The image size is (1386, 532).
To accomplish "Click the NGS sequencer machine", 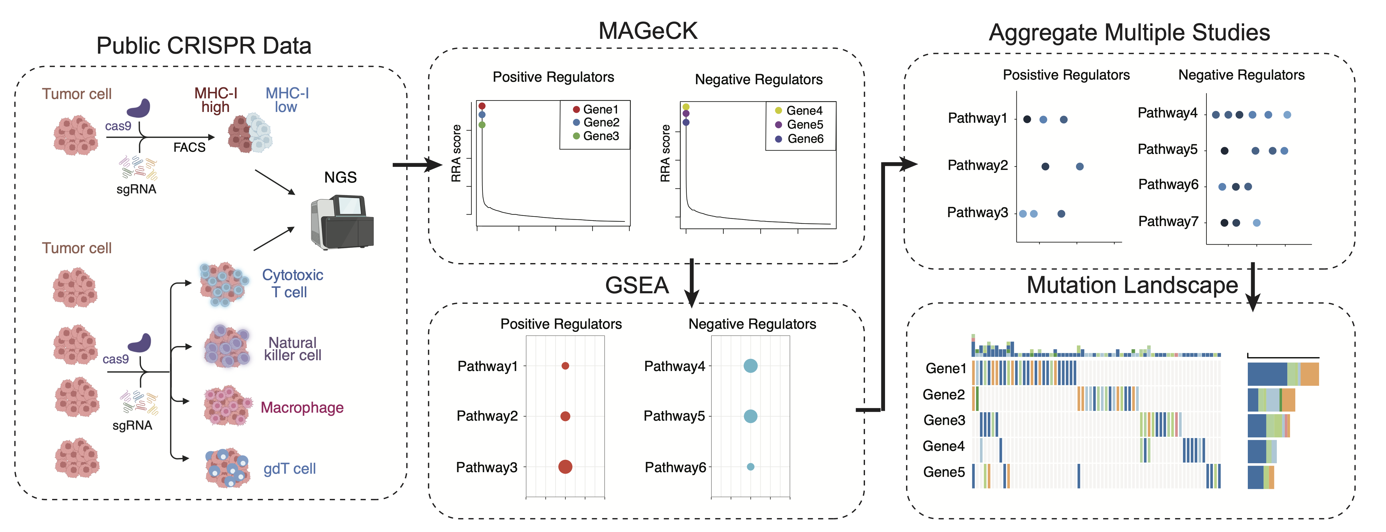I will tap(342, 222).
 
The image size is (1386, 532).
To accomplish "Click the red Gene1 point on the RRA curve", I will tap(482, 106).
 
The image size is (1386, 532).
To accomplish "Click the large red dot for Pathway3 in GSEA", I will tap(565, 466).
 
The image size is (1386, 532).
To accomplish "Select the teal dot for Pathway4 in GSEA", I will tap(751, 366).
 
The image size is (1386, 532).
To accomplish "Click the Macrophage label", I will tap(302, 408).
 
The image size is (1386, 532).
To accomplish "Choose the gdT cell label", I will tap(289, 469).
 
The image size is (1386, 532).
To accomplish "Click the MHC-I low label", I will tap(287, 100).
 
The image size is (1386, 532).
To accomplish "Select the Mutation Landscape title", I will tap(1132, 285).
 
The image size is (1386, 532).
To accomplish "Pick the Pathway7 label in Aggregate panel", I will tap(1168, 222).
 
